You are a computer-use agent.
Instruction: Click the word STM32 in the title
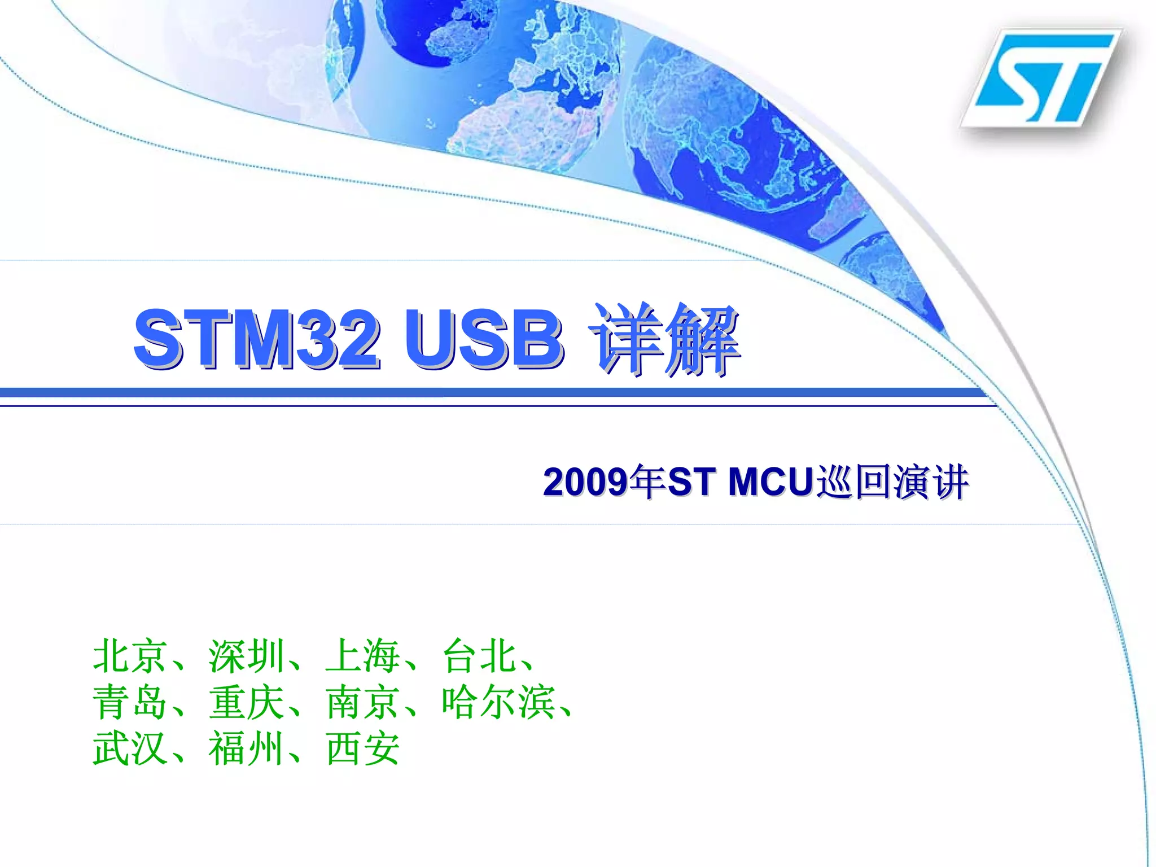tap(257, 339)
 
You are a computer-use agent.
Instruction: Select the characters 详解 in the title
tap(664, 339)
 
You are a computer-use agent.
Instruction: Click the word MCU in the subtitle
tap(771, 483)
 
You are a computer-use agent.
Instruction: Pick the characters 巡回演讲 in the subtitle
tap(892, 483)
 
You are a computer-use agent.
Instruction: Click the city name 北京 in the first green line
tap(130, 656)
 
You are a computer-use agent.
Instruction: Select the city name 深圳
tap(246, 656)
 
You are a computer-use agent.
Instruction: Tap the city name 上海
tap(363, 656)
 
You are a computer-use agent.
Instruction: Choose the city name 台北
tap(479, 656)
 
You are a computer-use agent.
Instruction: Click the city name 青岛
tap(130, 703)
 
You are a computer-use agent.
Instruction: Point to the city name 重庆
tap(246, 703)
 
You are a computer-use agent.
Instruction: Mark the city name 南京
tap(363, 703)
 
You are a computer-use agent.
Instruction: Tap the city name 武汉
tap(130, 749)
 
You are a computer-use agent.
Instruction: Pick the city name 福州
tap(246, 749)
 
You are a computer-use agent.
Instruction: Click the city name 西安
tap(363, 749)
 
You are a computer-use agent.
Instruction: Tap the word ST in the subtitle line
tap(689, 483)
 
